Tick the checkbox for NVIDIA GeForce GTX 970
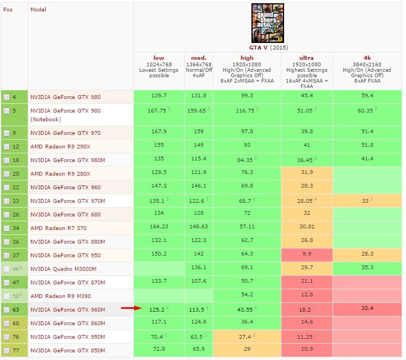click(x=7, y=133)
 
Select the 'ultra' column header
click(x=306, y=58)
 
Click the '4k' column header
click(x=367, y=58)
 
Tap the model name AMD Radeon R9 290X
click(x=60, y=146)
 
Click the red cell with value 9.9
click(x=306, y=255)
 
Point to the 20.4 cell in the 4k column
click(x=367, y=309)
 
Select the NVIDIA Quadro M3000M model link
click(x=64, y=269)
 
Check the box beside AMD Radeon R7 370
click(x=7, y=228)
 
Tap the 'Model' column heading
click(x=38, y=10)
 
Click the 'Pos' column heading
click(x=8, y=10)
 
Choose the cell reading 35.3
click(x=367, y=269)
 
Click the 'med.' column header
click(x=199, y=58)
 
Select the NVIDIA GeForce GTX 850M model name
click(x=66, y=350)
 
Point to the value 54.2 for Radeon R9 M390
click(x=247, y=296)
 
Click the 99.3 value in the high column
click(x=247, y=97)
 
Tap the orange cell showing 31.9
click(x=306, y=173)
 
